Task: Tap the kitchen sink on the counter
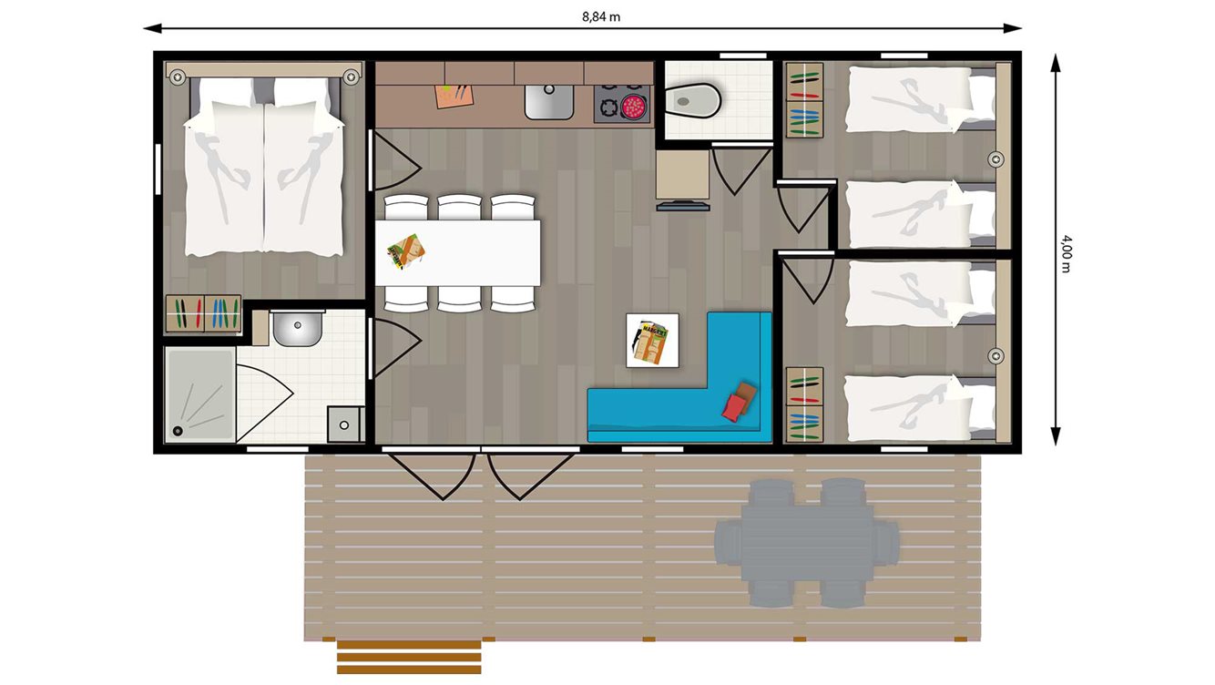[x=549, y=102]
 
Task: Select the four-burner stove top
[x=624, y=103]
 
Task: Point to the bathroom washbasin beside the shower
[x=295, y=328]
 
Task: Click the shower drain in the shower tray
[x=179, y=430]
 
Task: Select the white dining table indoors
[x=457, y=252]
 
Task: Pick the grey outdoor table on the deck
[x=806, y=543]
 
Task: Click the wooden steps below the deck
[x=408, y=657]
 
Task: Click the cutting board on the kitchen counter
[x=455, y=95]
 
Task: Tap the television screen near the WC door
[x=683, y=207]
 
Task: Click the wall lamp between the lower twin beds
[x=997, y=355]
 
